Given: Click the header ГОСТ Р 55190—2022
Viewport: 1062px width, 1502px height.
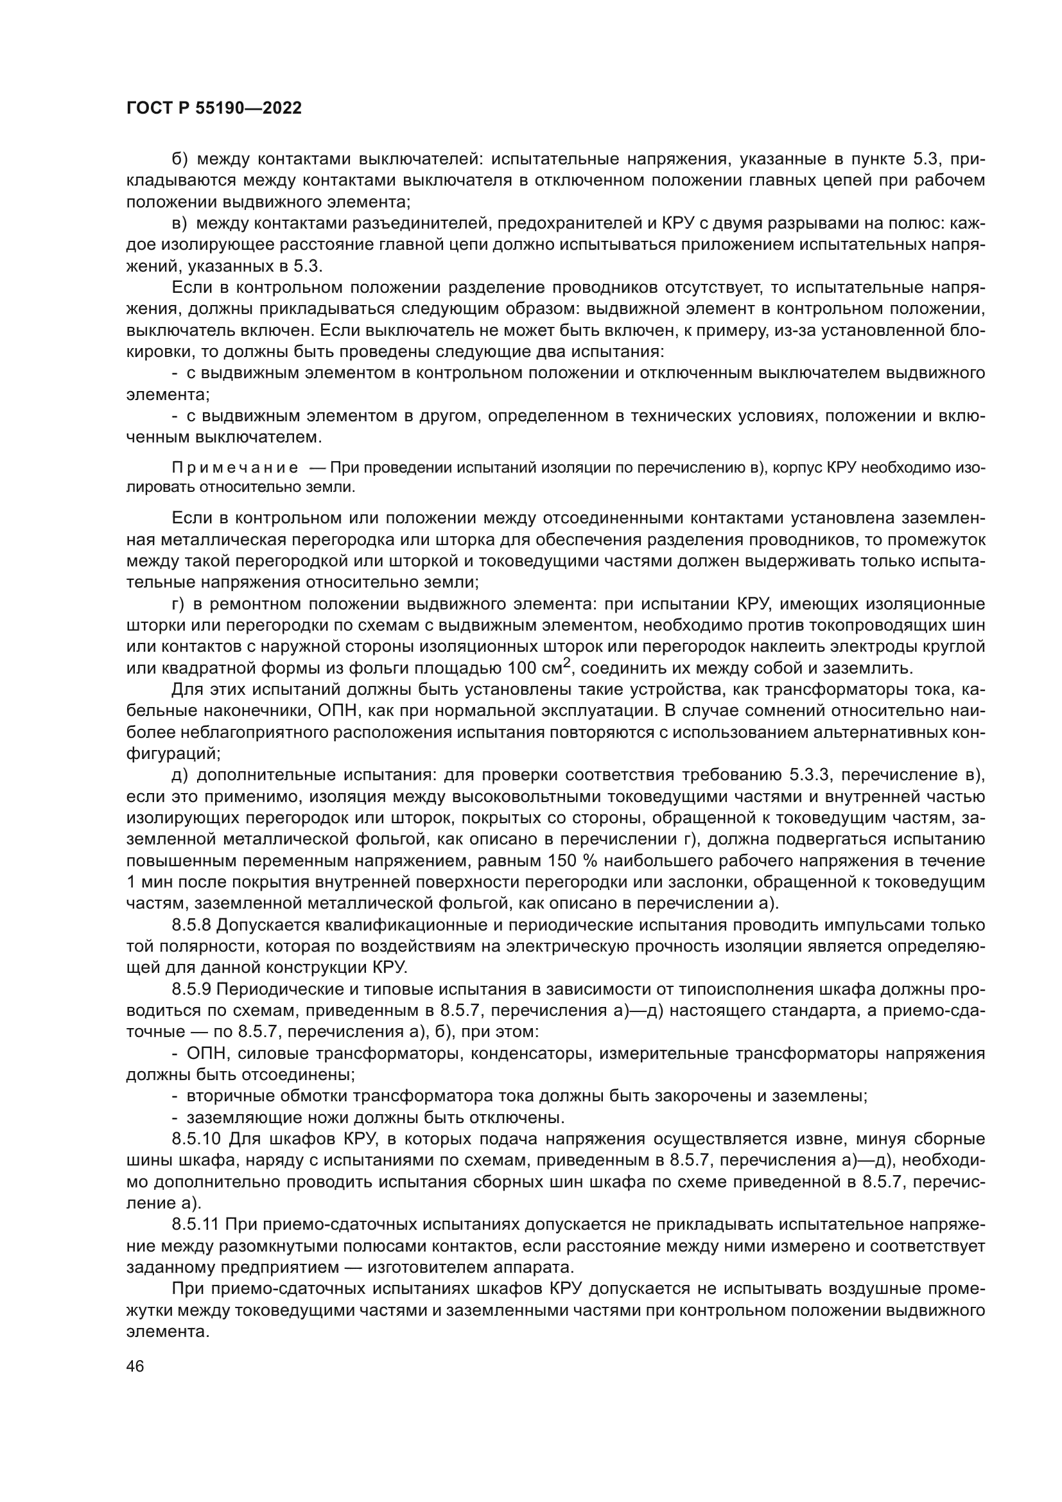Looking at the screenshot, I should (213, 109).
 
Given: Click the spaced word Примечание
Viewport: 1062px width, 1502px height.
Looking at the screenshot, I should (235, 467).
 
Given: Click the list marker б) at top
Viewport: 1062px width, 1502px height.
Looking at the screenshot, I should (179, 159).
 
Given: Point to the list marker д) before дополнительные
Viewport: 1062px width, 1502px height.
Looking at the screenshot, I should (179, 775).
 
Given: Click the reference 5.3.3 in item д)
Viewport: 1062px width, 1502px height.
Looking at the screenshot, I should (810, 775).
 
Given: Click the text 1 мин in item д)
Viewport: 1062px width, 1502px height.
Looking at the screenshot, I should (146, 882).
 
